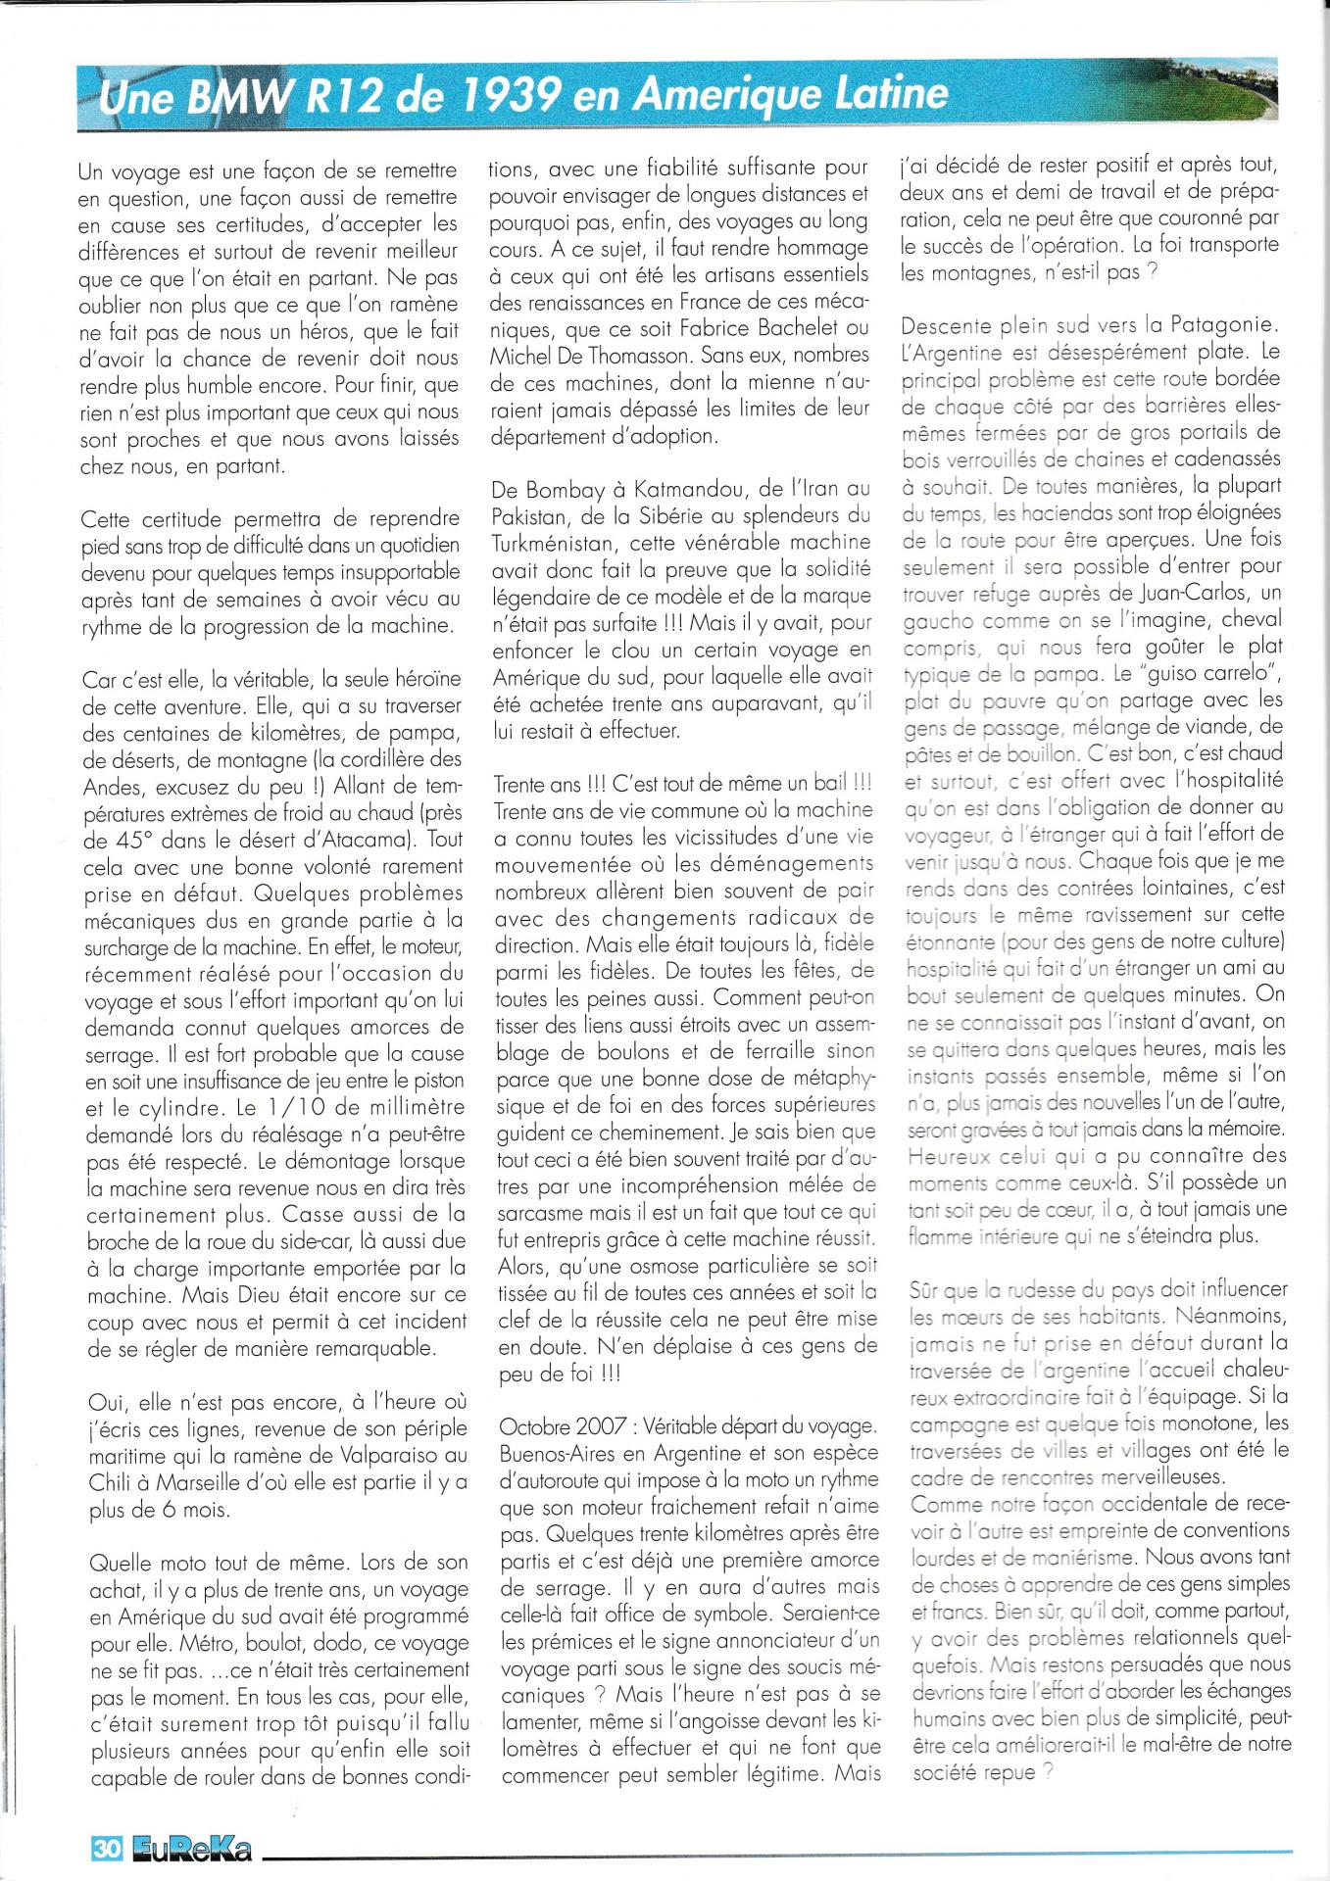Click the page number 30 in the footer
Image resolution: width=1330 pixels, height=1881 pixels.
[105, 1848]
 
